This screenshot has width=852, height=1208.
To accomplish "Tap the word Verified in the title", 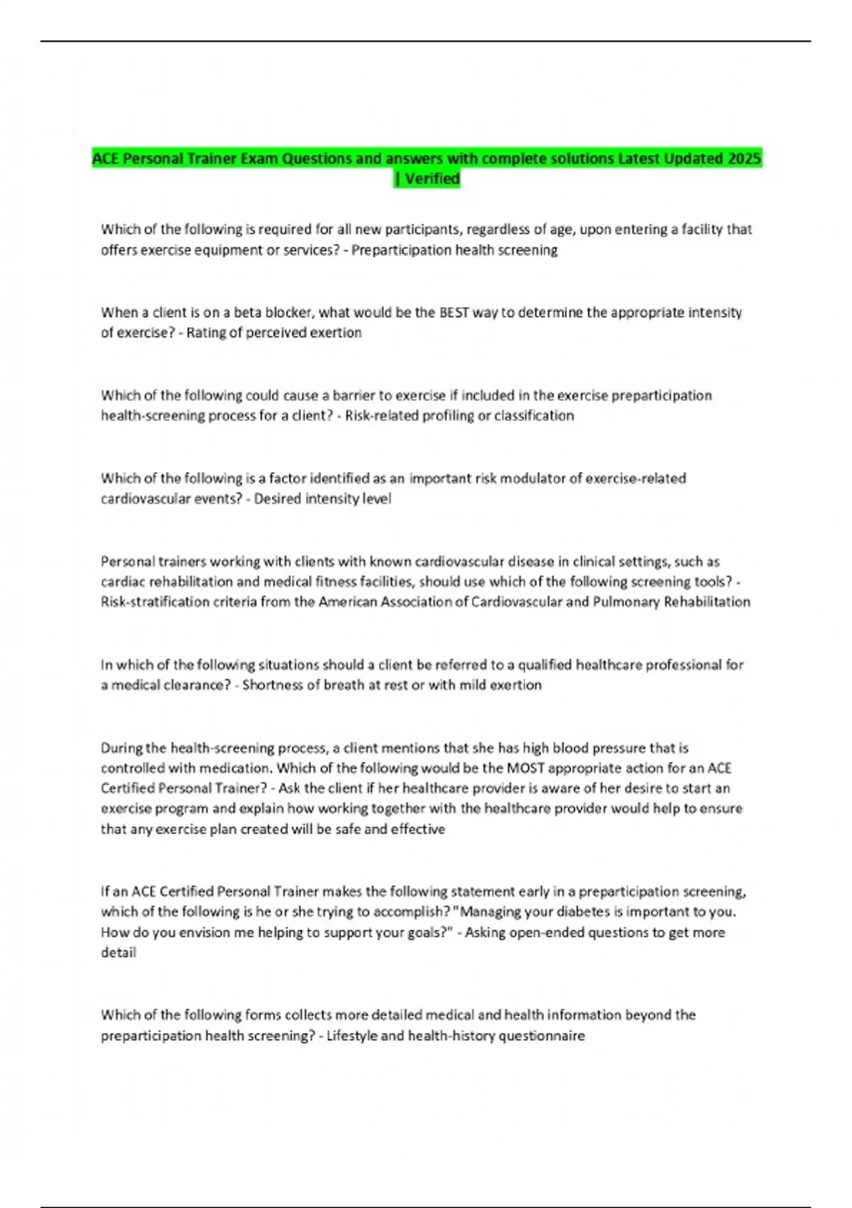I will [432, 179].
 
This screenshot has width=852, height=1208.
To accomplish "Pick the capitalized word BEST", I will [454, 313].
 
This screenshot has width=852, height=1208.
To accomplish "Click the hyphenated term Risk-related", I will [381, 416].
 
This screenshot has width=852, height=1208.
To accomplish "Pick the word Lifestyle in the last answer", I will [351, 1036].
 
